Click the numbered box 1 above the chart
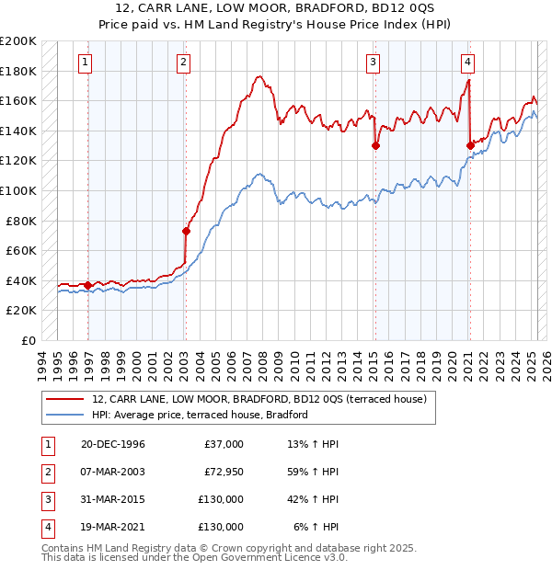tap(85, 63)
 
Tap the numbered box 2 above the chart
tap(184, 63)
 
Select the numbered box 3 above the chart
tap(374, 63)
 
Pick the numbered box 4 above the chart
tap(468, 63)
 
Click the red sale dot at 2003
tap(185, 231)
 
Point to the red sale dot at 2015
tap(375, 145)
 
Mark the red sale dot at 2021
tap(470, 145)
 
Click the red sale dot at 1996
tap(88, 285)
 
